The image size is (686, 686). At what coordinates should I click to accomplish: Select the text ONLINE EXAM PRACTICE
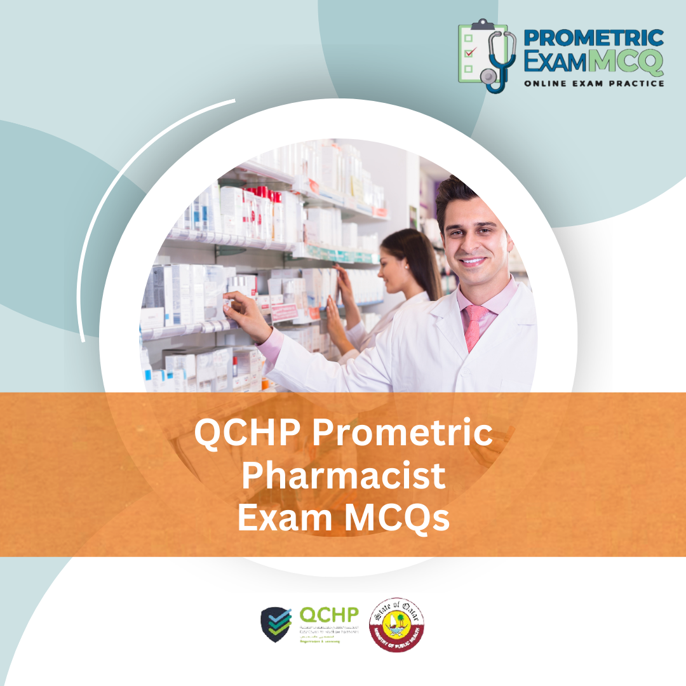click(594, 83)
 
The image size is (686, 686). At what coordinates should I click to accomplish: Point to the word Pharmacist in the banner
click(343, 476)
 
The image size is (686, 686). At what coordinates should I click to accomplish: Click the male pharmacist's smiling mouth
click(473, 260)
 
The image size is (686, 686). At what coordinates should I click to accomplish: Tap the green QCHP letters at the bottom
click(328, 615)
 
